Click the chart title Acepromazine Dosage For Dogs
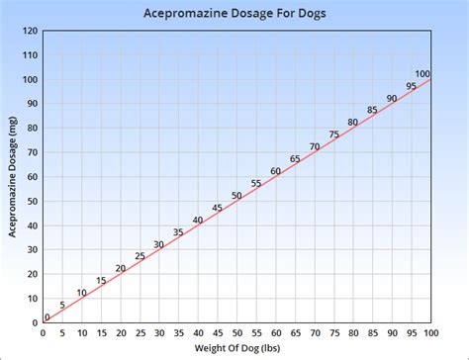click(x=234, y=14)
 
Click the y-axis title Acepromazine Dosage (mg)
click(x=13, y=176)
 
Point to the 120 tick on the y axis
click(x=31, y=31)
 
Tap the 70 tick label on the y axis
click(x=32, y=152)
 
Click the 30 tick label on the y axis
click(x=32, y=250)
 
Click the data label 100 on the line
click(x=422, y=74)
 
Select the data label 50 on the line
click(x=236, y=196)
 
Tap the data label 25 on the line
click(x=140, y=256)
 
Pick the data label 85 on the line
click(x=372, y=110)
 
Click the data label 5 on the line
click(x=62, y=305)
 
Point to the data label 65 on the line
click(x=295, y=159)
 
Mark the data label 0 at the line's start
click(x=47, y=317)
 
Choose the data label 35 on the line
click(x=178, y=232)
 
